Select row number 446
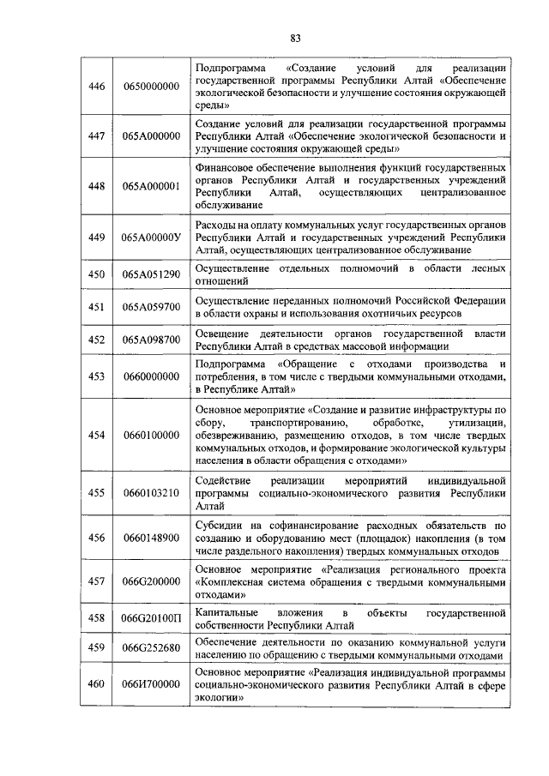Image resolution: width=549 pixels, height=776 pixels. click(97, 87)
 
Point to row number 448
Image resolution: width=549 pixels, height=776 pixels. click(97, 185)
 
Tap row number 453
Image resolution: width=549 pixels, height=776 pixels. click(97, 376)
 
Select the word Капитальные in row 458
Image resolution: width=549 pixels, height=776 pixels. click(226, 614)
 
